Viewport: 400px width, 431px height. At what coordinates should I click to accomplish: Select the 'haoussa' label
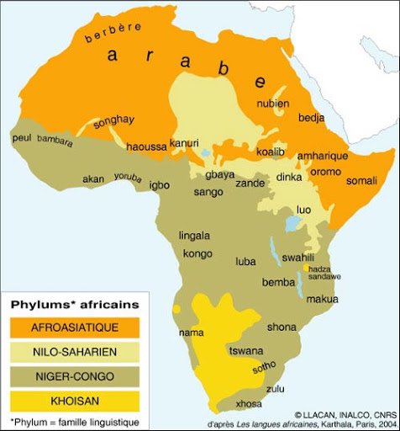click(x=146, y=146)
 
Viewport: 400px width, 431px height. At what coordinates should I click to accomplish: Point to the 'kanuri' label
click(x=184, y=143)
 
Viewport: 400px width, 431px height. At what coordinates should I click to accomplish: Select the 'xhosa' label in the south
click(x=250, y=403)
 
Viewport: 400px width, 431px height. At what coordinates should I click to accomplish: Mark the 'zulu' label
click(x=275, y=388)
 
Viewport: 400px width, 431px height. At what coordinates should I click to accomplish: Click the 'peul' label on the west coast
click(x=22, y=137)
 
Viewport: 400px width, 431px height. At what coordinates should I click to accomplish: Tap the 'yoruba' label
click(x=129, y=178)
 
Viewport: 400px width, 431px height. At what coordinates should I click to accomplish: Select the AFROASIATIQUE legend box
click(x=75, y=327)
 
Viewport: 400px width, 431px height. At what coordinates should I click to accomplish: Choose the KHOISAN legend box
click(x=75, y=398)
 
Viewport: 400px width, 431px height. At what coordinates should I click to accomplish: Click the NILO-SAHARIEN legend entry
click(x=75, y=351)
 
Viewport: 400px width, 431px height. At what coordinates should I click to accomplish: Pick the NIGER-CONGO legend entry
click(x=75, y=375)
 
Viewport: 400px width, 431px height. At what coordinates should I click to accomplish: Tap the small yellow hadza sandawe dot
click(x=306, y=268)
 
